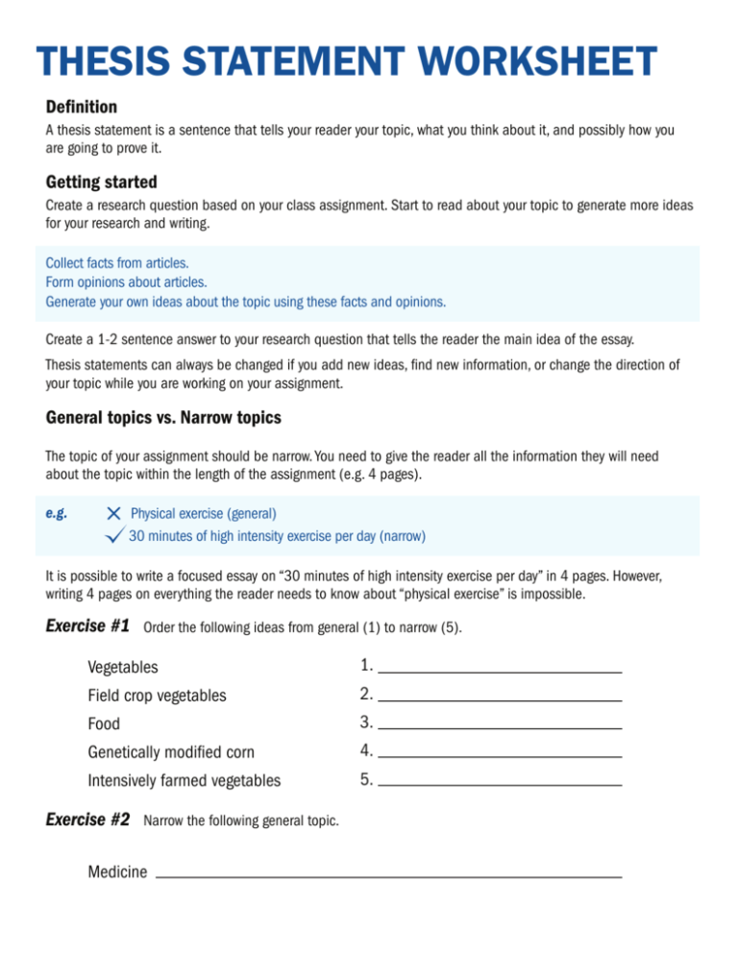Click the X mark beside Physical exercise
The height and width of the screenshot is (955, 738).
114,515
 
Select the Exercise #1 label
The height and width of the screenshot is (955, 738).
87,626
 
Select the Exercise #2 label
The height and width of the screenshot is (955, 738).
87,820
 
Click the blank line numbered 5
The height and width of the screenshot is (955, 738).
500,785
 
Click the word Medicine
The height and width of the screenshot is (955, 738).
117,872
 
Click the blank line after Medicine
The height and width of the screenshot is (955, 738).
388,876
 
